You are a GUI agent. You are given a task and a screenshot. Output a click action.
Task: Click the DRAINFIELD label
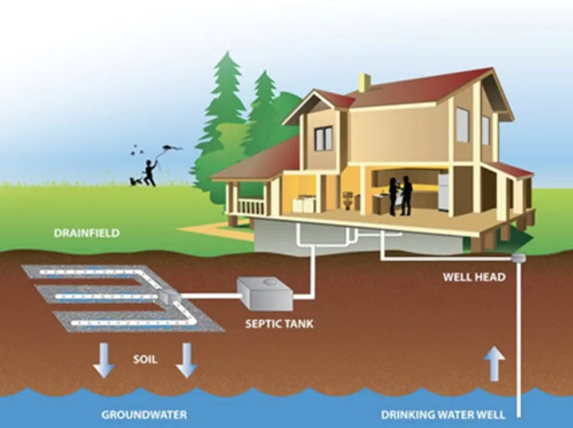(x=87, y=233)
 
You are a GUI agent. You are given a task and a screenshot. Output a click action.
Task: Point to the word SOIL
(x=144, y=360)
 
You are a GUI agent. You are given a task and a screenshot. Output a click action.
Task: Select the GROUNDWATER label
(x=144, y=415)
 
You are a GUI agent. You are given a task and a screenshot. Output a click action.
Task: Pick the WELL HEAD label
(x=474, y=277)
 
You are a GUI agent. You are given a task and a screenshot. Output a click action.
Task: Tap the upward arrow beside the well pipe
(x=494, y=364)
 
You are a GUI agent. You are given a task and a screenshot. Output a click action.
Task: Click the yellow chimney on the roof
(x=364, y=83)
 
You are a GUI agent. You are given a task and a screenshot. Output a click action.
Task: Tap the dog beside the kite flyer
(x=135, y=180)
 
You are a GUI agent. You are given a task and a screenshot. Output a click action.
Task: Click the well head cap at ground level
(x=517, y=258)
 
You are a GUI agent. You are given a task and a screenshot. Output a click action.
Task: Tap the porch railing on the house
(x=251, y=207)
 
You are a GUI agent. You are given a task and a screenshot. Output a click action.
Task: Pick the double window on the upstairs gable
(x=323, y=138)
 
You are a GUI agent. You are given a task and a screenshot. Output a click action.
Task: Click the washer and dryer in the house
(x=305, y=203)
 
